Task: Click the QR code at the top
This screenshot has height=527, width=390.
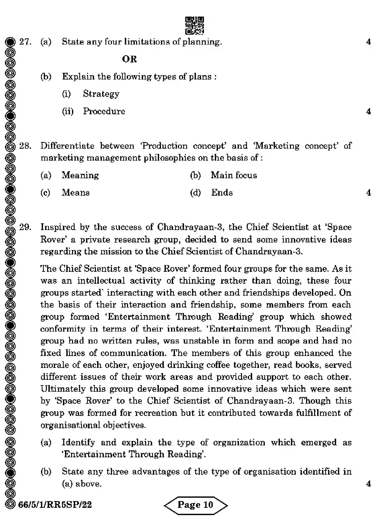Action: pyautogui.click(x=194, y=25)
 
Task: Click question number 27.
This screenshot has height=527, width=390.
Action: pyautogui.click(x=25, y=42)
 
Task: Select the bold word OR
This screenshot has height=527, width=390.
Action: pyautogui.click(x=129, y=59)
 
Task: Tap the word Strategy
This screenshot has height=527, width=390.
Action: pyautogui.click(x=101, y=94)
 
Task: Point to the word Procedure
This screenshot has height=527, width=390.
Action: pyautogui.click(x=104, y=111)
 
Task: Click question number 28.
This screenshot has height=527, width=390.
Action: pyautogui.click(x=25, y=146)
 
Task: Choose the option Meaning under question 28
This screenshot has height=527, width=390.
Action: pyautogui.click(x=80, y=175)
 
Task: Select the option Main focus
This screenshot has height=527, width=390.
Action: pyautogui.click(x=234, y=175)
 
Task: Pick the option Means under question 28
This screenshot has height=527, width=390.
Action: pyautogui.click(x=75, y=193)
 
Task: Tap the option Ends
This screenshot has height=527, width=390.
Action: pyautogui.click(x=222, y=193)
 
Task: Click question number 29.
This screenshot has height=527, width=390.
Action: pyautogui.click(x=25, y=227)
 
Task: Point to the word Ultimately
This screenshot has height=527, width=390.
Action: pyautogui.click(x=63, y=389)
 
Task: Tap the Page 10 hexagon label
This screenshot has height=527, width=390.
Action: pyautogui.click(x=195, y=505)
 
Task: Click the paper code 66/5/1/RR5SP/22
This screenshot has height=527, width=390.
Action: pyautogui.click(x=55, y=505)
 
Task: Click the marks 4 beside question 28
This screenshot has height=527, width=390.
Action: pyautogui.click(x=368, y=193)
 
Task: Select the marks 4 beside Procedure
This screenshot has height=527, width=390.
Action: pyautogui.click(x=368, y=111)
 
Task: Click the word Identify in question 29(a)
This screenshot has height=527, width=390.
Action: pyautogui.click(x=78, y=442)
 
